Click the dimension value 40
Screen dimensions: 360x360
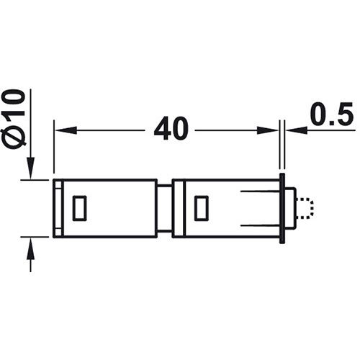click(171, 130)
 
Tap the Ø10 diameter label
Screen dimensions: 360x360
click(15, 118)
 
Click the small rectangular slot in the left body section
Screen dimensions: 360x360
click(80, 207)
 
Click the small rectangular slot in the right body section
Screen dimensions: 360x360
click(202, 207)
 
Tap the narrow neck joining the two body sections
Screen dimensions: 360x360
click(165, 208)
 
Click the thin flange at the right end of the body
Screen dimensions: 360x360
click(283, 207)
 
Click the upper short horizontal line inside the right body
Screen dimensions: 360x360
click(259, 192)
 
